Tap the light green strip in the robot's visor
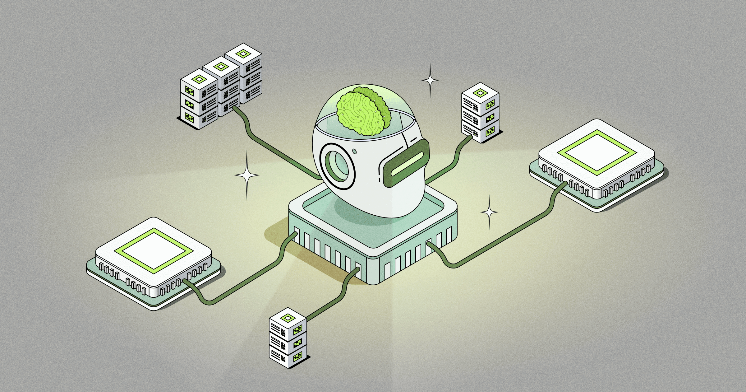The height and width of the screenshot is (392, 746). [x=407, y=163]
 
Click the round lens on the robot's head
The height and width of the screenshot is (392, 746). [x=337, y=166]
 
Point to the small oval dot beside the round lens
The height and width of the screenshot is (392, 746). [x=355, y=152]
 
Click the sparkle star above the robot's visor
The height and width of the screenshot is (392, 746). [x=430, y=80]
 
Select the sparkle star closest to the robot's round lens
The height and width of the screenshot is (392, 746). [x=247, y=175]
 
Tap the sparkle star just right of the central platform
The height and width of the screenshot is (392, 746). [x=489, y=212]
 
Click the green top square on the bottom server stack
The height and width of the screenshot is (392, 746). [x=288, y=318]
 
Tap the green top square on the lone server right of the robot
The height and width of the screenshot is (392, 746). [x=480, y=93]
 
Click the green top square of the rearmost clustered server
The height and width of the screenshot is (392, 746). [x=243, y=54]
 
